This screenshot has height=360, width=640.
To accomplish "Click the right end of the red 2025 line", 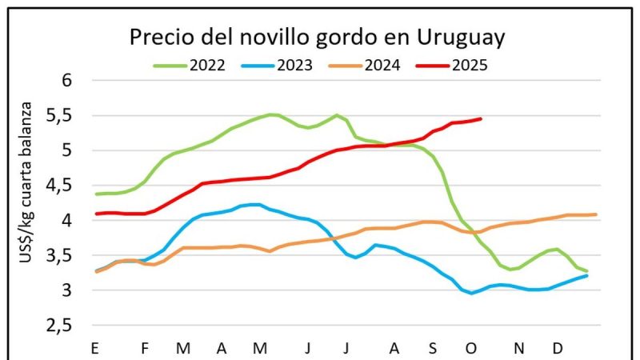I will (480, 119).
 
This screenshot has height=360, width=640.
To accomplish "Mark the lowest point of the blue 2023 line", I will (472, 293).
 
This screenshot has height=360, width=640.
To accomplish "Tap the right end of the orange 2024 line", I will (595, 214).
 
